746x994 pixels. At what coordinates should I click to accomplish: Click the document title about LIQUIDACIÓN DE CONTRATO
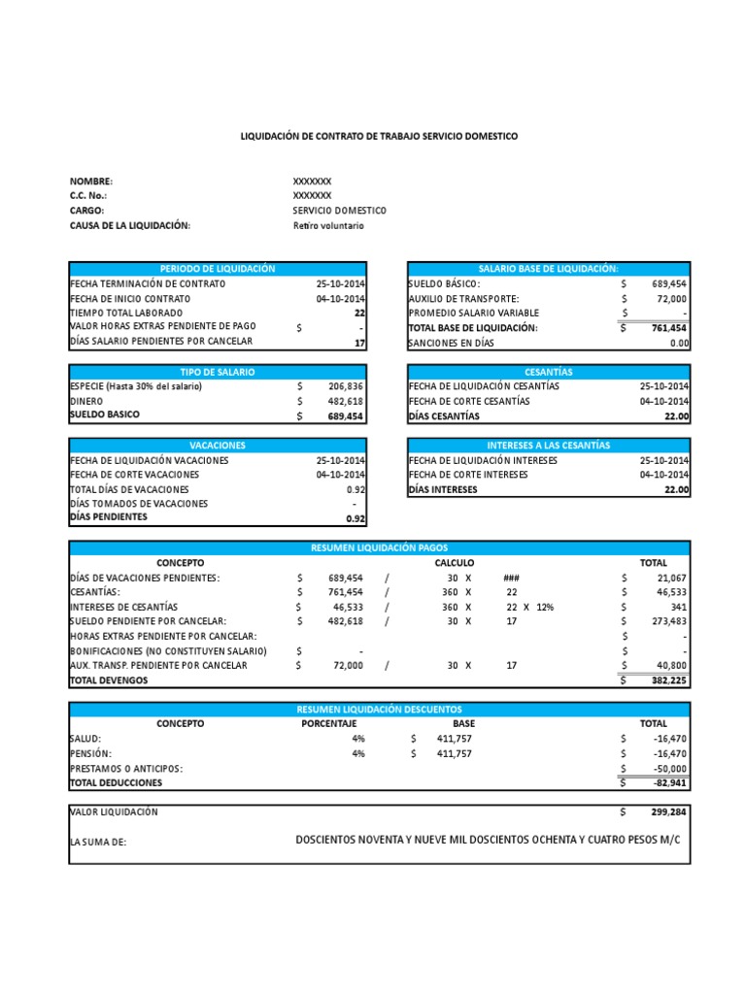(379, 137)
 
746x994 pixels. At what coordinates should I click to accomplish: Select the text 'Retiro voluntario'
(327, 225)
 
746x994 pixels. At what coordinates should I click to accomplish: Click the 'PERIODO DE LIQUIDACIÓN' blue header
(218, 269)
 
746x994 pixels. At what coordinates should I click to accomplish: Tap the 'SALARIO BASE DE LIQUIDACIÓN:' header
(548, 269)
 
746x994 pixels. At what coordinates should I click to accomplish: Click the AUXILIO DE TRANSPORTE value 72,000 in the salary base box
(669, 299)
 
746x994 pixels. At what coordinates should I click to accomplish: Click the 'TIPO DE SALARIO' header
(218, 372)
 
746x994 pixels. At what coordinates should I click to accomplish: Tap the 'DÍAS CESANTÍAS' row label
(444, 416)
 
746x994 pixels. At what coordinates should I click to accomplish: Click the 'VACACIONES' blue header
(218, 445)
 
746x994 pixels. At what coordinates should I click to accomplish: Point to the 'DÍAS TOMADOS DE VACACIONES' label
(139, 504)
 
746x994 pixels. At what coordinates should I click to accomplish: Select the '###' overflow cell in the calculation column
(511, 578)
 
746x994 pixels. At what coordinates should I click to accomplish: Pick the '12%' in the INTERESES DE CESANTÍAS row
(544, 607)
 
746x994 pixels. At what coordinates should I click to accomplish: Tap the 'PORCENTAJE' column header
(329, 723)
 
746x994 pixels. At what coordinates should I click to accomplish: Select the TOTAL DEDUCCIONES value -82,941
(667, 782)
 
